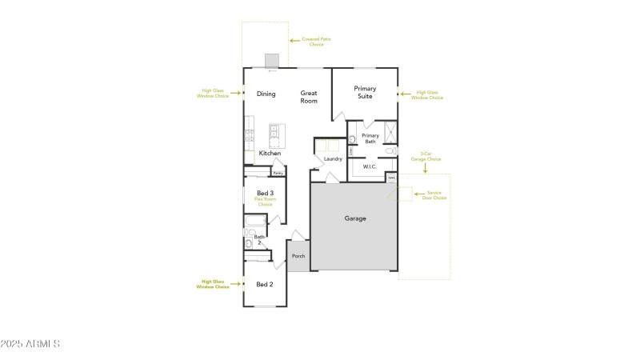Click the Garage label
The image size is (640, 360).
click(x=354, y=218)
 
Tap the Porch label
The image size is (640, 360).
click(x=298, y=256)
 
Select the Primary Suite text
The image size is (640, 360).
click(x=365, y=92)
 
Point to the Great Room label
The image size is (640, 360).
click(x=309, y=97)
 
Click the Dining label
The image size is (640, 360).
click(x=266, y=94)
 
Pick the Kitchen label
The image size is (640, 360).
click(x=270, y=153)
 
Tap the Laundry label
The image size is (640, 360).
click(x=334, y=158)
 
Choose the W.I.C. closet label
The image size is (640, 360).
click(x=370, y=166)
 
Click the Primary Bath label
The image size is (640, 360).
click(x=370, y=138)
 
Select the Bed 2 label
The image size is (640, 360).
click(x=265, y=284)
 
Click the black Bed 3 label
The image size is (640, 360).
click(x=265, y=193)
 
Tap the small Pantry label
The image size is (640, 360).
click(x=278, y=172)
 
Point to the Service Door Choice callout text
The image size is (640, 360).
click(x=436, y=195)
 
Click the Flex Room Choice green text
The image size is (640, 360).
click(x=265, y=201)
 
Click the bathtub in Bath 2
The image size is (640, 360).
click(x=256, y=220)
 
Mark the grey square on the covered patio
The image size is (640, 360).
click(x=272, y=62)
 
